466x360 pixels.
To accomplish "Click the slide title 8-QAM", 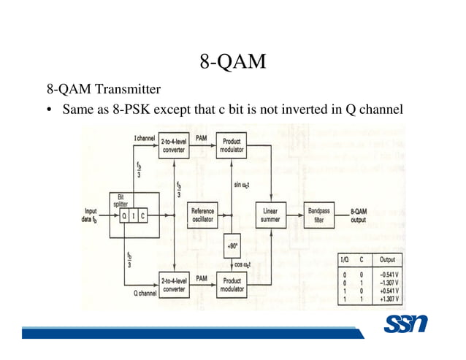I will [232, 62].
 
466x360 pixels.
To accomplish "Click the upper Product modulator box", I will [232, 146].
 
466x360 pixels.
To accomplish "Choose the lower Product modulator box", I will [232, 283].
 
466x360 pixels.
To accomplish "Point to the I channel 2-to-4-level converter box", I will [173, 146].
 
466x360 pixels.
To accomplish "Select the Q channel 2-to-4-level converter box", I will [173, 283].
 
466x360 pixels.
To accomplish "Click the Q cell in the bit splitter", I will [125, 216].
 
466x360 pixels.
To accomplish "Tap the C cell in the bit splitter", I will [142, 216].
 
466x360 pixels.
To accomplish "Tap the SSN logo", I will [405, 323].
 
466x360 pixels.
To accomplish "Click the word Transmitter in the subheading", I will [128, 90].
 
